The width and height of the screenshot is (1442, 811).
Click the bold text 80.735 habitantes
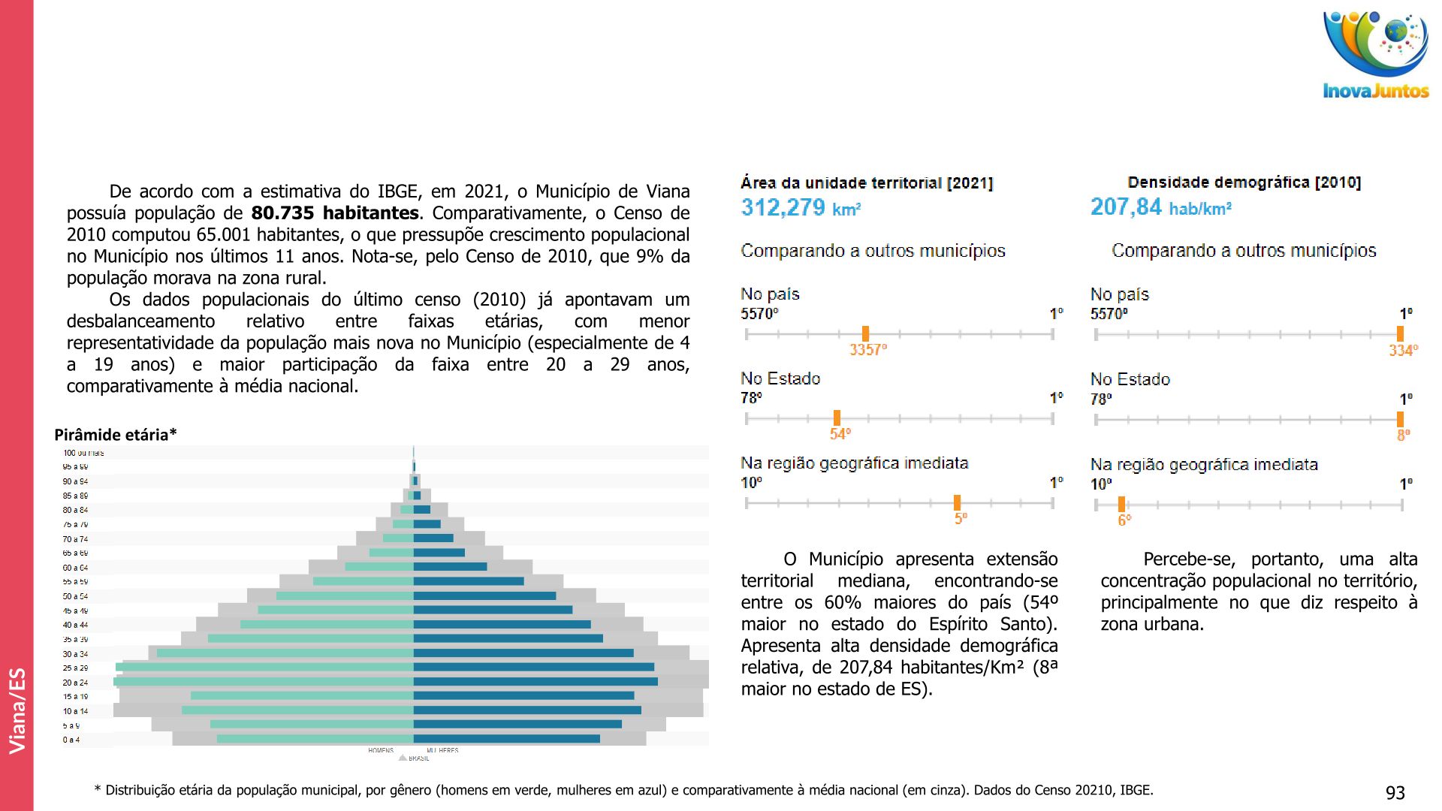point(334,213)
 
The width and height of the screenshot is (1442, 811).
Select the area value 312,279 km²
point(801,208)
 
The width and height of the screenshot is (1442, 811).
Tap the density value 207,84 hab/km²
point(1160,207)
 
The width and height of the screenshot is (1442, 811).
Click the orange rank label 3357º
point(867,350)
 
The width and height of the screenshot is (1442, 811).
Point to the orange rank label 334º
point(1402,351)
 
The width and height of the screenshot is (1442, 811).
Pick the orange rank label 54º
point(840,434)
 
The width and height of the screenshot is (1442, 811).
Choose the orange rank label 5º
point(961,519)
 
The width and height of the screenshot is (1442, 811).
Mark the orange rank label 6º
point(1124,520)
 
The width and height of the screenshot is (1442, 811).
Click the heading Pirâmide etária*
point(116,435)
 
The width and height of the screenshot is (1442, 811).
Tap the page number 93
point(1395,793)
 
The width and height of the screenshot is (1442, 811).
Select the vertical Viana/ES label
point(17,710)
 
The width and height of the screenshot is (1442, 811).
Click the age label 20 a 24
point(75,683)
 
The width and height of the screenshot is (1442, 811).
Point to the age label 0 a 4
point(71,740)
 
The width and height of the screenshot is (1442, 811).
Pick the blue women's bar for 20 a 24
point(535,682)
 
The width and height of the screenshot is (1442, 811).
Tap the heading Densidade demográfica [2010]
point(1244,182)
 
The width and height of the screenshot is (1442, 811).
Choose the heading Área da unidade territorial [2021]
point(867,183)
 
